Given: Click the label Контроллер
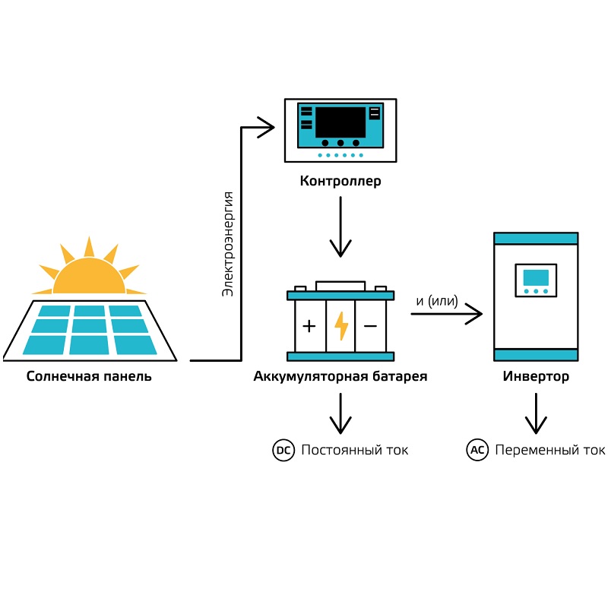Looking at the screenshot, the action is point(340,181).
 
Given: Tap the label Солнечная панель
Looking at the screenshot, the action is point(89,376).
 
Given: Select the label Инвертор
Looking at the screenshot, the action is point(536,376).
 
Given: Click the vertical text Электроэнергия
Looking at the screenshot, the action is point(227,244).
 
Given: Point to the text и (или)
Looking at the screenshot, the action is point(437,301).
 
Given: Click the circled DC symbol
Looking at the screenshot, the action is point(283,450).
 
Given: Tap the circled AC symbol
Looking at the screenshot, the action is point(477,450).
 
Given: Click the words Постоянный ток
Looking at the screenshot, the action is point(355,450).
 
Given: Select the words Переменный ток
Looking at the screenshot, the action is point(549,450).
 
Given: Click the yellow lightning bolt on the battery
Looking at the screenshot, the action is point(341,326).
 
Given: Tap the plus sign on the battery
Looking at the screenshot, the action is point(309,326).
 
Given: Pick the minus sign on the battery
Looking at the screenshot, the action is point(370,326).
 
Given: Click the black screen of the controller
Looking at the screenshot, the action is point(340,122).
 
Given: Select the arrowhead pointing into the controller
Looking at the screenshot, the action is point(266,127).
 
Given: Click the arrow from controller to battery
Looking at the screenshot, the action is point(340,226).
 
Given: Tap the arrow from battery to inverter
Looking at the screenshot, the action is point(447,313).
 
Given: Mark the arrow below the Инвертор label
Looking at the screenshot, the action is point(536,413).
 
